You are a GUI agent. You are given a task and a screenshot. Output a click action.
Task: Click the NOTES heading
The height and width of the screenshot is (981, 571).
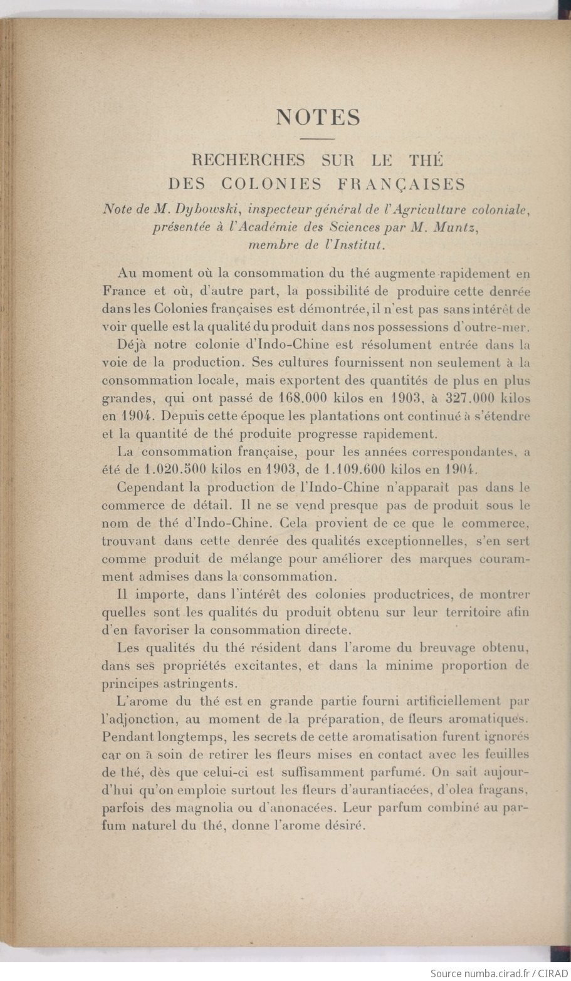tap(318, 118)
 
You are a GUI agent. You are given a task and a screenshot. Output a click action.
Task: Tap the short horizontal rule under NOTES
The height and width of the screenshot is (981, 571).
tap(318, 138)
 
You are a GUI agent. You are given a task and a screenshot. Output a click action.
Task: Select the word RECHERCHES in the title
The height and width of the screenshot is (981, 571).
tap(248, 160)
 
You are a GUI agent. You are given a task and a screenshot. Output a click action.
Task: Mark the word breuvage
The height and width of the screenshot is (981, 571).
tap(424, 647)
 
